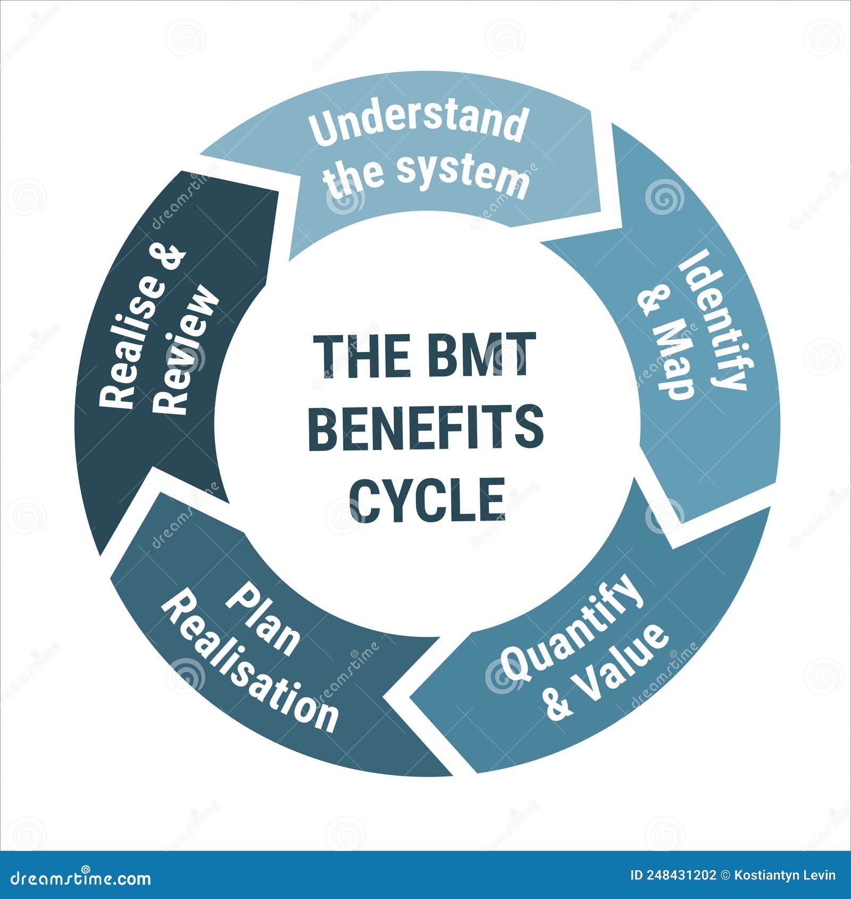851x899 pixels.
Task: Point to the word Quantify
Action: [x=572, y=627]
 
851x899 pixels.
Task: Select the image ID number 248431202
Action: [x=681, y=875]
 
